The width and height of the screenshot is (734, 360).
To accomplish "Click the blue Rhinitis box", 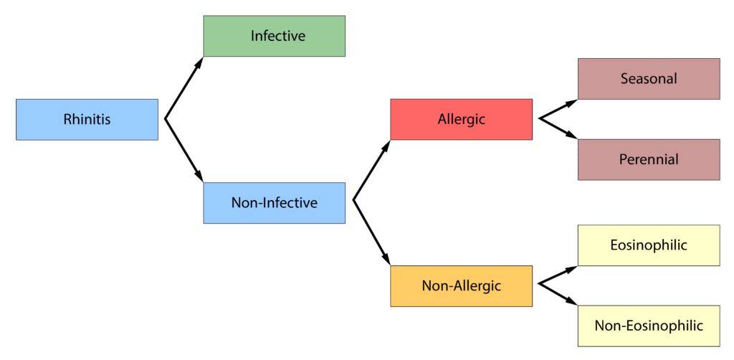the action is point(87,119).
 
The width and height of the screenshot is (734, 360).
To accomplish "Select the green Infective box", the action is point(275,36).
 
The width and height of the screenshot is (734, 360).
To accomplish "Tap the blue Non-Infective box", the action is point(275,203).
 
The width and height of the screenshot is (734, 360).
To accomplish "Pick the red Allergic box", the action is point(462,119).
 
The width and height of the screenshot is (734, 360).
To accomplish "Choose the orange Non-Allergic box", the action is point(462,286).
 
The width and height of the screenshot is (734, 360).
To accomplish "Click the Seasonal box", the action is point(649,79).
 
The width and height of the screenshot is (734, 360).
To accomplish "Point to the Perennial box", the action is point(649,160).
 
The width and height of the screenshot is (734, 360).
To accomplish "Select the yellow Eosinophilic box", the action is point(649,245).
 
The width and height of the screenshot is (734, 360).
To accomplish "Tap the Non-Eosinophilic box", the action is point(649,326).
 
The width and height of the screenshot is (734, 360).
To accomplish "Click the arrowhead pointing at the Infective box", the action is point(199,63).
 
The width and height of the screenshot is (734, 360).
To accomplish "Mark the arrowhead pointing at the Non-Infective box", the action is point(199,175).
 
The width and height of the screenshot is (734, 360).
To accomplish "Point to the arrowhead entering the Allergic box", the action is point(386,146).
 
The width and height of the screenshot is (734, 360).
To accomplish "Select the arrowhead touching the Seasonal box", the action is point(571,103).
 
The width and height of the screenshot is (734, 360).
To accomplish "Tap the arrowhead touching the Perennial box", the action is point(571,136).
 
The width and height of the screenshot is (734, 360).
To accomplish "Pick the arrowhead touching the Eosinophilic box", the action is point(571,269).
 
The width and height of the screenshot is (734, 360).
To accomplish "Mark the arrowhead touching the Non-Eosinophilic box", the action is point(571,302).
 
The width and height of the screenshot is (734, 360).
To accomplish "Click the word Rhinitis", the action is point(87,119).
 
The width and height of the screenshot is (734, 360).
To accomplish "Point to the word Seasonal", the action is point(649,79).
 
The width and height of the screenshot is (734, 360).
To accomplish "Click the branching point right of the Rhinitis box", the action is point(166,119).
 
